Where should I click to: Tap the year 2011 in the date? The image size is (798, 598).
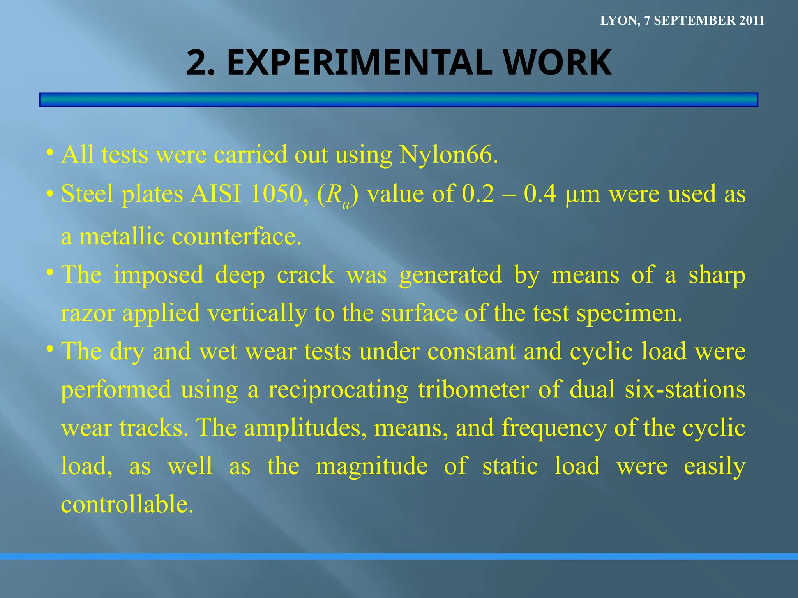752,21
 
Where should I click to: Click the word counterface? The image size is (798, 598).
237,236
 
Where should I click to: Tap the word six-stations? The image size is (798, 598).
685,390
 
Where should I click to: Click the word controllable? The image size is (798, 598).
127,505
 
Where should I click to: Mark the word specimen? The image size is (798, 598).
629,314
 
